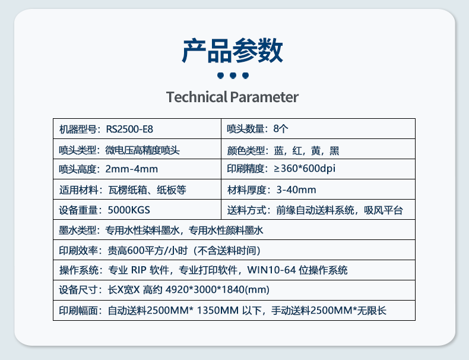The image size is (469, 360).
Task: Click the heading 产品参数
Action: pyautogui.click(x=232, y=50)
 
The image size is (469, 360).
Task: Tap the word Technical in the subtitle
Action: pyautogui.click(x=197, y=97)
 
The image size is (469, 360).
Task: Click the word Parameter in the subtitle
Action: pyautogui.click(x=264, y=97)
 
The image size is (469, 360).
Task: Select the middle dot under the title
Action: pyautogui.click(x=233, y=75)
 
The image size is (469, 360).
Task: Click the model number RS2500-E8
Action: pyautogui.click(x=129, y=130)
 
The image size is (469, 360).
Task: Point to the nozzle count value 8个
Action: pyautogui.click(x=281, y=129)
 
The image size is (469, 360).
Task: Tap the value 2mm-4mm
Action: pyautogui.click(x=132, y=169)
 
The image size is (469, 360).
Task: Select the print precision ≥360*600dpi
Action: pyautogui.click(x=305, y=169)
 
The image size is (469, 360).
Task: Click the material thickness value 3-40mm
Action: pyautogui.click(x=296, y=190)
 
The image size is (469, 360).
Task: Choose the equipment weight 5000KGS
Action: pyautogui.click(x=129, y=210)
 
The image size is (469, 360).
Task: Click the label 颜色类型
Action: pyautogui.click(x=246, y=150)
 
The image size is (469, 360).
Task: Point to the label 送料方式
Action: pyautogui.click(x=246, y=210)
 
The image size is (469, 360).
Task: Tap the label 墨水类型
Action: pyautogui.click(x=78, y=230)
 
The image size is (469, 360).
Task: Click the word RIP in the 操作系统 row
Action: pyautogui.click(x=139, y=270)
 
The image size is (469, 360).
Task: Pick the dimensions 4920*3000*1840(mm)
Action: pyautogui.click(x=217, y=290)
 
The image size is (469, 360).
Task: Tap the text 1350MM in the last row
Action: pyautogui.click(x=218, y=311)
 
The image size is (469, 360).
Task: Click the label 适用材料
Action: pyautogui.click(x=78, y=190)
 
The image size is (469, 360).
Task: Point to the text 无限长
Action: pyautogui.click(x=372, y=311)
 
